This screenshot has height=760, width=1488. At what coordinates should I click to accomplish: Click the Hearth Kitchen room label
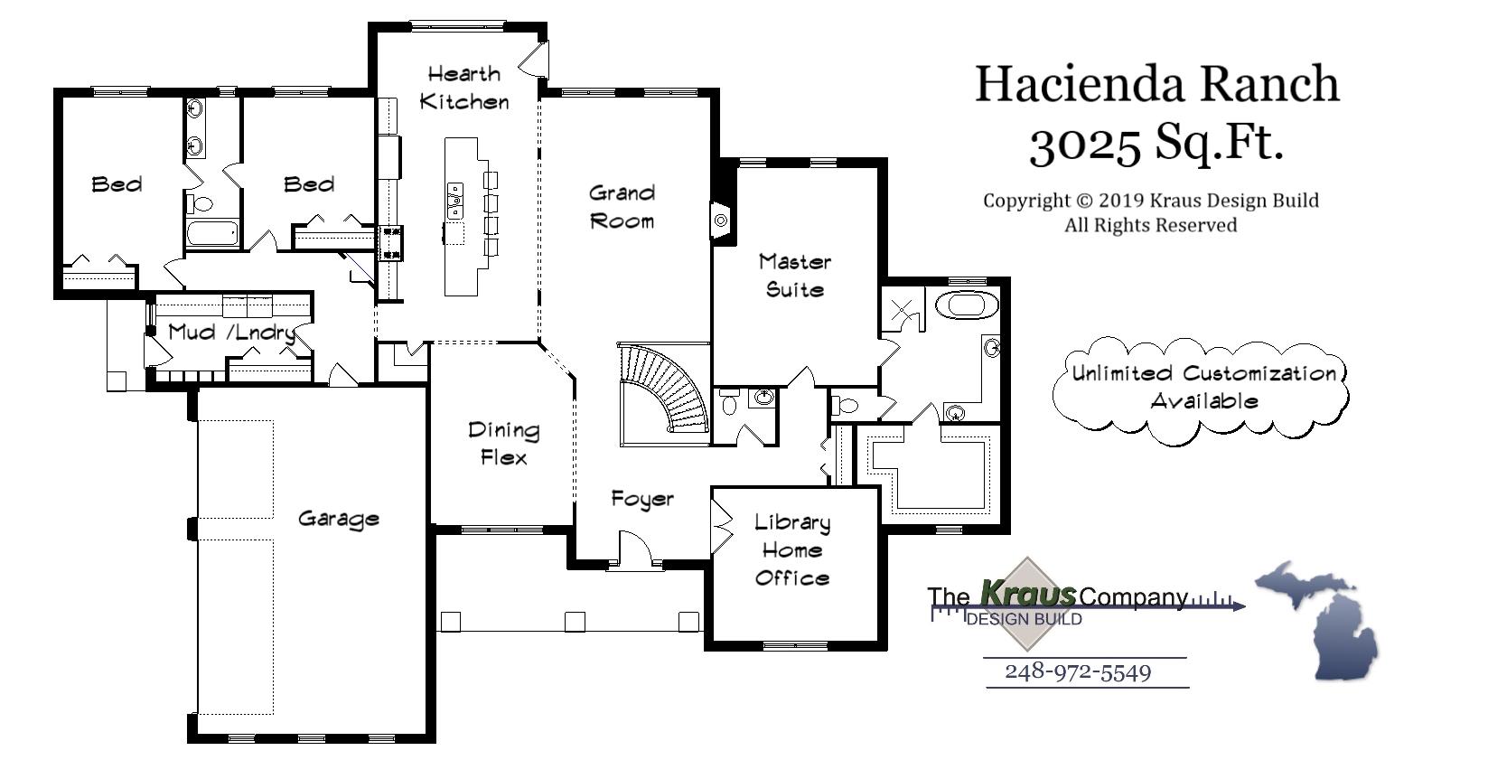pyautogui.click(x=464, y=88)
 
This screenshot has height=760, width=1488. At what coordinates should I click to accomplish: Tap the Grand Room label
pyautogui.click(x=622, y=207)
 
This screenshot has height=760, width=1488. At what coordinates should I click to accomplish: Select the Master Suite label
pyautogui.click(x=794, y=276)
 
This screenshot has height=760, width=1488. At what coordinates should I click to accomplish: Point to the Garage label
pyautogui.click(x=338, y=519)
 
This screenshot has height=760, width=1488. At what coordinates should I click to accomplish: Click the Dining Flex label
pyautogui.click(x=503, y=444)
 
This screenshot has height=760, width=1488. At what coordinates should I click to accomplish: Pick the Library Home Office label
pyautogui.click(x=792, y=549)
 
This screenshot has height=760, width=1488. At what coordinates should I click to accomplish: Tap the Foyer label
pyautogui.click(x=642, y=499)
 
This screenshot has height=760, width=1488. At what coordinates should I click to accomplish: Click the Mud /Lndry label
pyautogui.click(x=231, y=332)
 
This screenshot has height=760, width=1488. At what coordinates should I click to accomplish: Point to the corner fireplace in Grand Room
pyautogui.click(x=722, y=220)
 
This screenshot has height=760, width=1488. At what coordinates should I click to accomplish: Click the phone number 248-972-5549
pyautogui.click(x=1078, y=672)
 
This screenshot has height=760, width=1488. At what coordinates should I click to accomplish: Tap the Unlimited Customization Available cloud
pyautogui.click(x=1203, y=388)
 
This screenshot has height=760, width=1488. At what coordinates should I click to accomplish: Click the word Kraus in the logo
pyautogui.click(x=1028, y=595)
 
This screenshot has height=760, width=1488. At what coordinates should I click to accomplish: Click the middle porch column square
pyautogui.click(x=575, y=622)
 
